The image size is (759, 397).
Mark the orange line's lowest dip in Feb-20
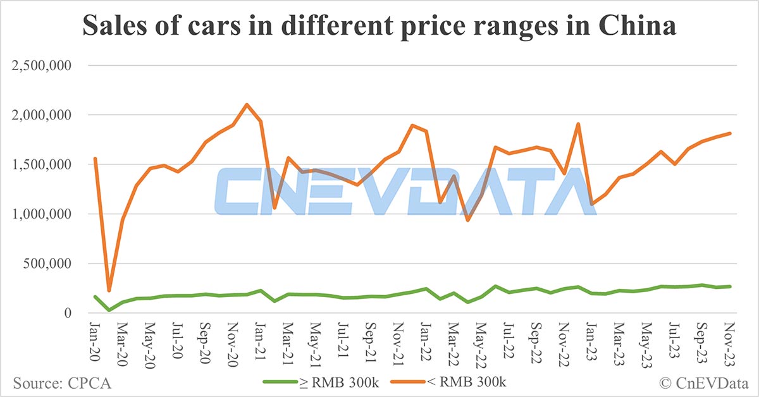(x=109, y=291)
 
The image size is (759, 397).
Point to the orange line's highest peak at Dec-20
(x=247, y=104)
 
